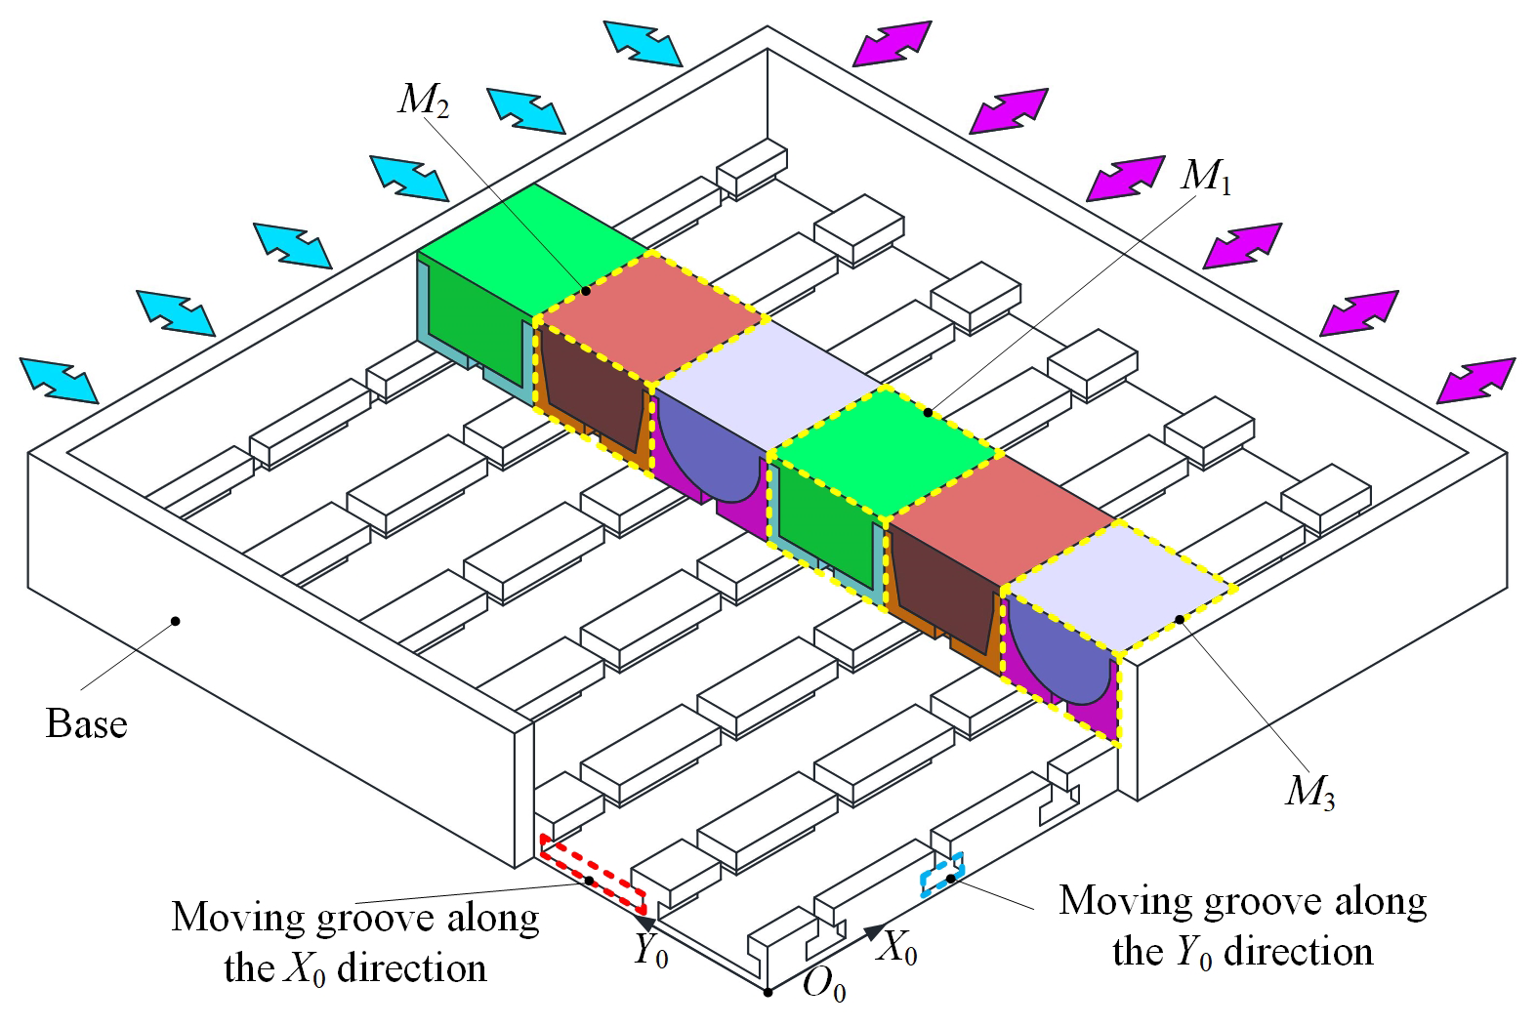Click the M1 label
(x=1206, y=176)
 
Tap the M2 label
(x=424, y=101)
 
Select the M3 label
(x=1310, y=793)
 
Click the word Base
(x=87, y=723)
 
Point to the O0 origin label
(x=824, y=987)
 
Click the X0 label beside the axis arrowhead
(x=897, y=948)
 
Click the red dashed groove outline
(x=593, y=871)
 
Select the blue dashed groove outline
(x=942, y=875)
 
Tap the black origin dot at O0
(x=768, y=992)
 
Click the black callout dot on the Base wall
(x=176, y=621)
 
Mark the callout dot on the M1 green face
(x=928, y=413)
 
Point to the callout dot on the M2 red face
(x=585, y=291)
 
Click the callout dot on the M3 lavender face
(x=1180, y=620)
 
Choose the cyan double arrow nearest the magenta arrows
(x=643, y=44)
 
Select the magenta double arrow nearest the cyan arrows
(x=892, y=44)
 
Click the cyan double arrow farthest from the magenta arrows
(x=59, y=381)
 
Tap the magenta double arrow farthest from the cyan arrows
(x=1475, y=381)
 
